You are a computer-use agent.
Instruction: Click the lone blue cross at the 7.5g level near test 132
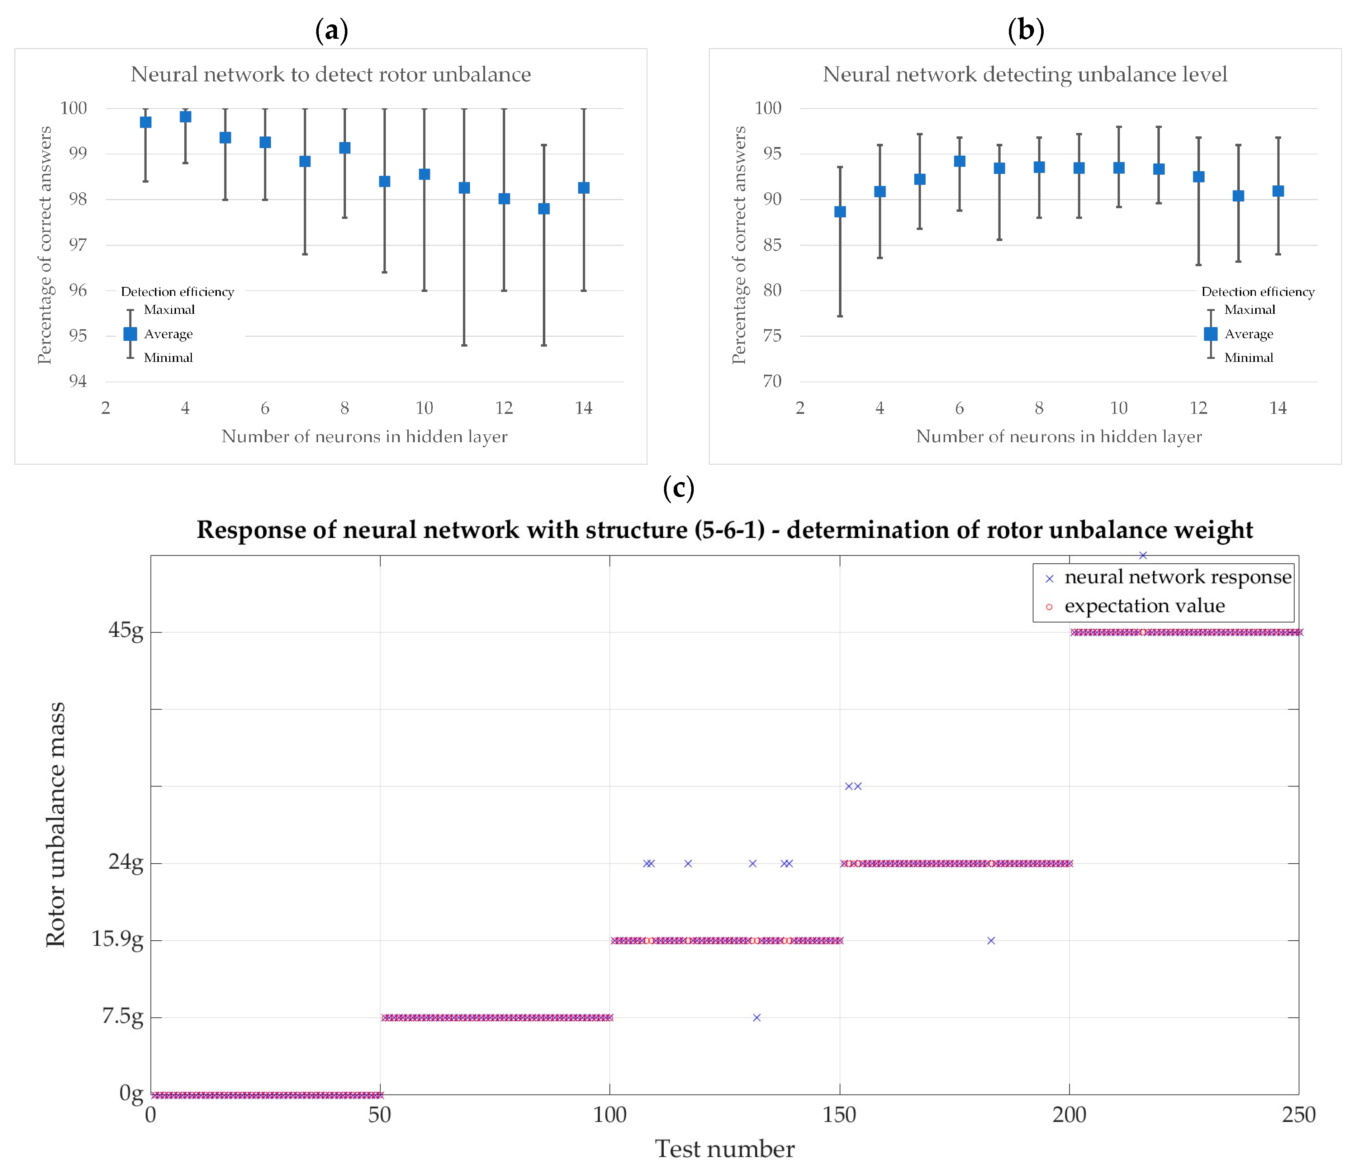[756, 1017]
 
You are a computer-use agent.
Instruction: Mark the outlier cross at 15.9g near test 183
[991, 940]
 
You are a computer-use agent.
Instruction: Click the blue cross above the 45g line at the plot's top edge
[1142, 555]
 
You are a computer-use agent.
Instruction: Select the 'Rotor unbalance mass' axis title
[56, 824]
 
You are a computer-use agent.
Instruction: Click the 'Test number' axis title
[724, 1148]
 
